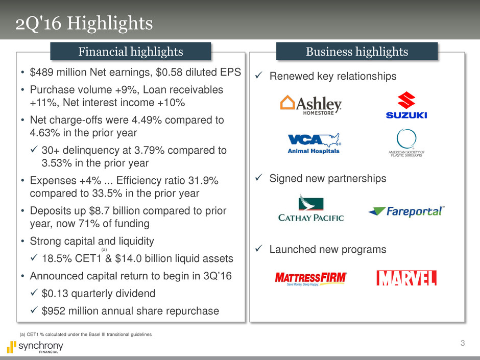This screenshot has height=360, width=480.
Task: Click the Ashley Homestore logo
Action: [310, 105]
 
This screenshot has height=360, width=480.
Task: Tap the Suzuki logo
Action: [406, 105]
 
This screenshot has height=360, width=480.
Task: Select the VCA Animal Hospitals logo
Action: [314, 143]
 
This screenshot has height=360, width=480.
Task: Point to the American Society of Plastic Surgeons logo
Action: [406, 143]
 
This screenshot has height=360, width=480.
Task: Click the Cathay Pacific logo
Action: [311, 208]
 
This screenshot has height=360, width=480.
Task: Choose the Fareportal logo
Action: [406, 211]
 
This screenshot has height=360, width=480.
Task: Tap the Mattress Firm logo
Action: [311, 279]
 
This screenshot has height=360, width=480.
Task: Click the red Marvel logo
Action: [406, 278]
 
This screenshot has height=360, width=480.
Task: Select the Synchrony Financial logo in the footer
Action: [35, 347]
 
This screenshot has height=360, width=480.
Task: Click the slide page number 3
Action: [463, 343]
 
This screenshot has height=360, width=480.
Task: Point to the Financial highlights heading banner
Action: [131, 52]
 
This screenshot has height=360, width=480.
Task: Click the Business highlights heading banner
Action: [357, 52]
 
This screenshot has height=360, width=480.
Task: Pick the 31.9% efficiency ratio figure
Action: [203, 181]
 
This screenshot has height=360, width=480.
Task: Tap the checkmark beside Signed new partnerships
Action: [259, 178]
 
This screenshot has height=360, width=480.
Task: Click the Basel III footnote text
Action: [85, 334]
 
